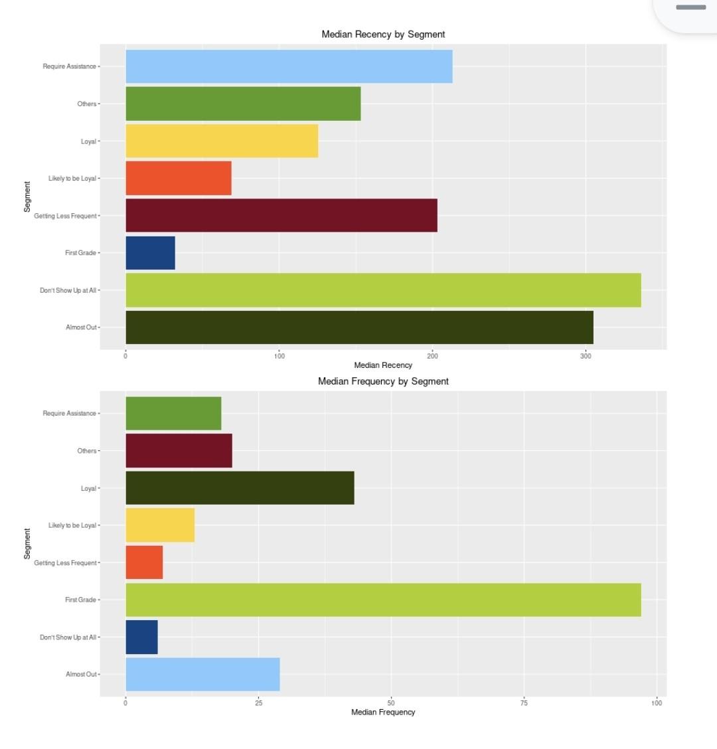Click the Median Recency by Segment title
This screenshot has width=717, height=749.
click(383, 35)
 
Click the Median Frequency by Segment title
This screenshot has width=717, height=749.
click(383, 381)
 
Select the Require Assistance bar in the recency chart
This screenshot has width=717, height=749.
click(289, 66)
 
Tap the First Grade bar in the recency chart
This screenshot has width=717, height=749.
click(150, 253)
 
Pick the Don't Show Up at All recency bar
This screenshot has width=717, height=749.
click(383, 290)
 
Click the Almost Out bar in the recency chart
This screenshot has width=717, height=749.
click(359, 327)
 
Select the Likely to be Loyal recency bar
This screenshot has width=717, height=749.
click(179, 178)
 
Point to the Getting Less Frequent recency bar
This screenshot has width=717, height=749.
click(281, 215)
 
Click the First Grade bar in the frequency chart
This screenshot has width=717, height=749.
click(383, 600)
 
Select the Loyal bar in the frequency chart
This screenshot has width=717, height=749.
click(240, 488)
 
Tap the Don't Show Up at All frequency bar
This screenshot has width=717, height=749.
click(141, 637)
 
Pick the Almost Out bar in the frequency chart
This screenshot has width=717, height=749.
click(202, 674)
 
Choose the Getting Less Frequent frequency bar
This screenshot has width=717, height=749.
click(144, 562)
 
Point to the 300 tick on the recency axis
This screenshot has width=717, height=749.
click(586, 357)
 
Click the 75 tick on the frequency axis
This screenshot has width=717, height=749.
click(524, 703)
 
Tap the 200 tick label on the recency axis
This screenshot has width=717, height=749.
click(433, 357)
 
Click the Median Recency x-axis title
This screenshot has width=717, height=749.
click(383, 365)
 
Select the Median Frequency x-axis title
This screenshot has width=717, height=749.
click(383, 712)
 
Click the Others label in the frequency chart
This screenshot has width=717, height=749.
click(86, 451)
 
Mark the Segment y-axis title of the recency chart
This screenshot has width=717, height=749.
click(27, 197)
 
